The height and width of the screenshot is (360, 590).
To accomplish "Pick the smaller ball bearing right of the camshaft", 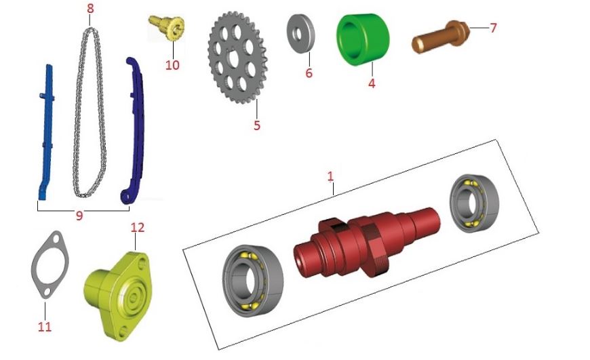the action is click(474, 203).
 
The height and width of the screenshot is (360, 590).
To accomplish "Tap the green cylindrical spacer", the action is click(363, 39).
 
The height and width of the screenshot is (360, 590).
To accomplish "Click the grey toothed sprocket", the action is click(237, 58).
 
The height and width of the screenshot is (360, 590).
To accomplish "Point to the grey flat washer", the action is click(301, 33).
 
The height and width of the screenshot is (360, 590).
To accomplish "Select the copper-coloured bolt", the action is click(441, 37).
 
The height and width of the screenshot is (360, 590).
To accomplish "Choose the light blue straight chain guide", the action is click(46, 132).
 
